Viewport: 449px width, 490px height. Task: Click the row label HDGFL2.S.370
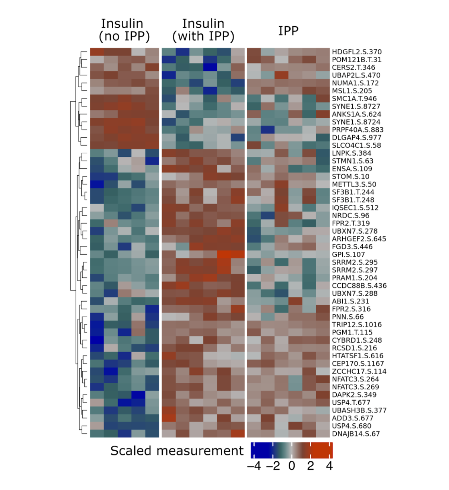coord(356,52)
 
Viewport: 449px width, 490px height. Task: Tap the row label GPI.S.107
coord(349,254)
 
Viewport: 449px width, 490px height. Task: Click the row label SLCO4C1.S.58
coord(355,145)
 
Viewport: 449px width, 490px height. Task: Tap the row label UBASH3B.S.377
coord(360,410)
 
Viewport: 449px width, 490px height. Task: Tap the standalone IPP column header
coord(288,30)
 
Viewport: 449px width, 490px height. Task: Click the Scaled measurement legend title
coord(177,451)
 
